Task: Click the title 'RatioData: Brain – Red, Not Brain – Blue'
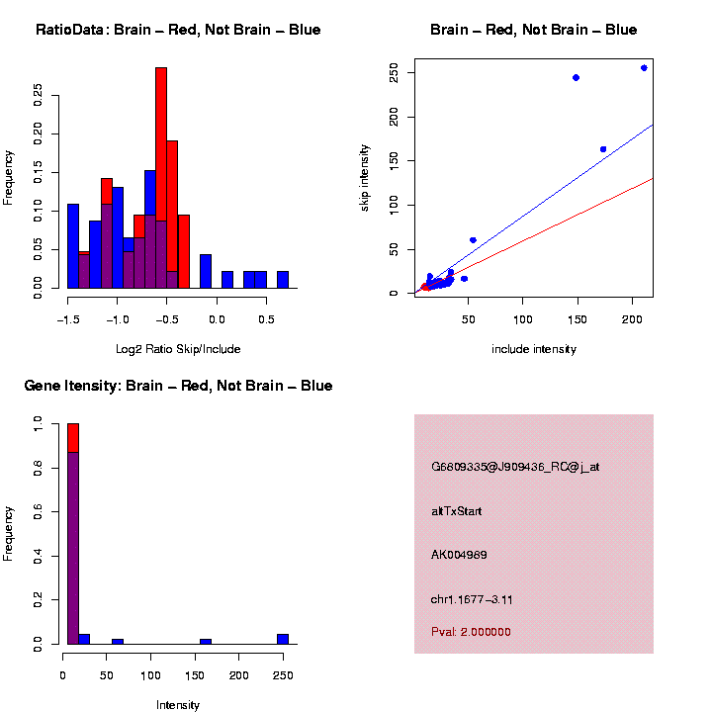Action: point(178,30)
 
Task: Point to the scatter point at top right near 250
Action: point(644,68)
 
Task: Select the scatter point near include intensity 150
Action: point(576,77)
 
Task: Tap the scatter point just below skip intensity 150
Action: point(603,149)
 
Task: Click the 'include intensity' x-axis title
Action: point(533,349)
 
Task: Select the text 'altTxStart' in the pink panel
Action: point(456,511)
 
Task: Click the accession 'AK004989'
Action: point(460,555)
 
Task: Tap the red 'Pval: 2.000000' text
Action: point(471,632)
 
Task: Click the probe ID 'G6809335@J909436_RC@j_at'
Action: point(514,467)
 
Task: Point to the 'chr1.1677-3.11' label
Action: point(472,599)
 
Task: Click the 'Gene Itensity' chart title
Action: point(178,386)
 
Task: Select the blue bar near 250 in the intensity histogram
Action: point(283,639)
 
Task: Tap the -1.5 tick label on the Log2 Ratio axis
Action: point(67,319)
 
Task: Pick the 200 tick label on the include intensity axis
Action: point(633,319)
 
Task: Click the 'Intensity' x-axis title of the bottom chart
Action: point(178,705)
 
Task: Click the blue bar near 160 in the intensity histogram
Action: point(206,642)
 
